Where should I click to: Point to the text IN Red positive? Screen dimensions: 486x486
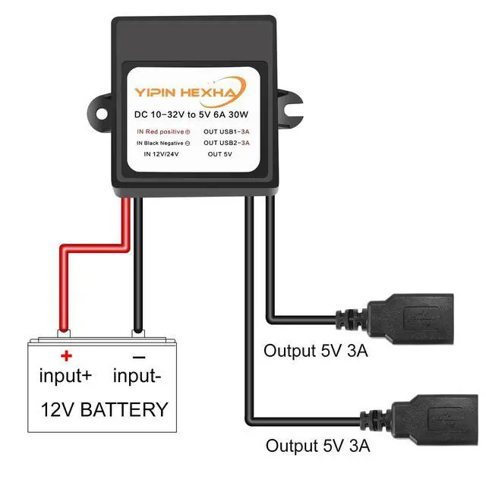pos(163,131)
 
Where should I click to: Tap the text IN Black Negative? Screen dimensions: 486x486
pos(163,143)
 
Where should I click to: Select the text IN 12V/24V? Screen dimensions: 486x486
pos(160,154)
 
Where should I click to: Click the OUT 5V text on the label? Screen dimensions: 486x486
pos(219,154)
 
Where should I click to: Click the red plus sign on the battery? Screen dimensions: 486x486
pos(66,355)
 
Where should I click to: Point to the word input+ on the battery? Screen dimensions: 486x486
pos(65,375)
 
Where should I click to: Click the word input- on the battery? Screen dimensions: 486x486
pos(138,375)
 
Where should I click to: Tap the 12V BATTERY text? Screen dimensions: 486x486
pos(104,410)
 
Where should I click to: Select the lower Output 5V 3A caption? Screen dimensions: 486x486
pos(317,446)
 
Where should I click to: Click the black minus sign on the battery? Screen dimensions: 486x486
pos(139,355)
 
